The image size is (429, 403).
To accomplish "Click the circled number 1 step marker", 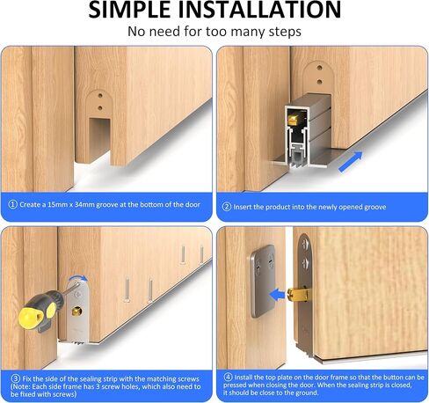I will tap(12, 205).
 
